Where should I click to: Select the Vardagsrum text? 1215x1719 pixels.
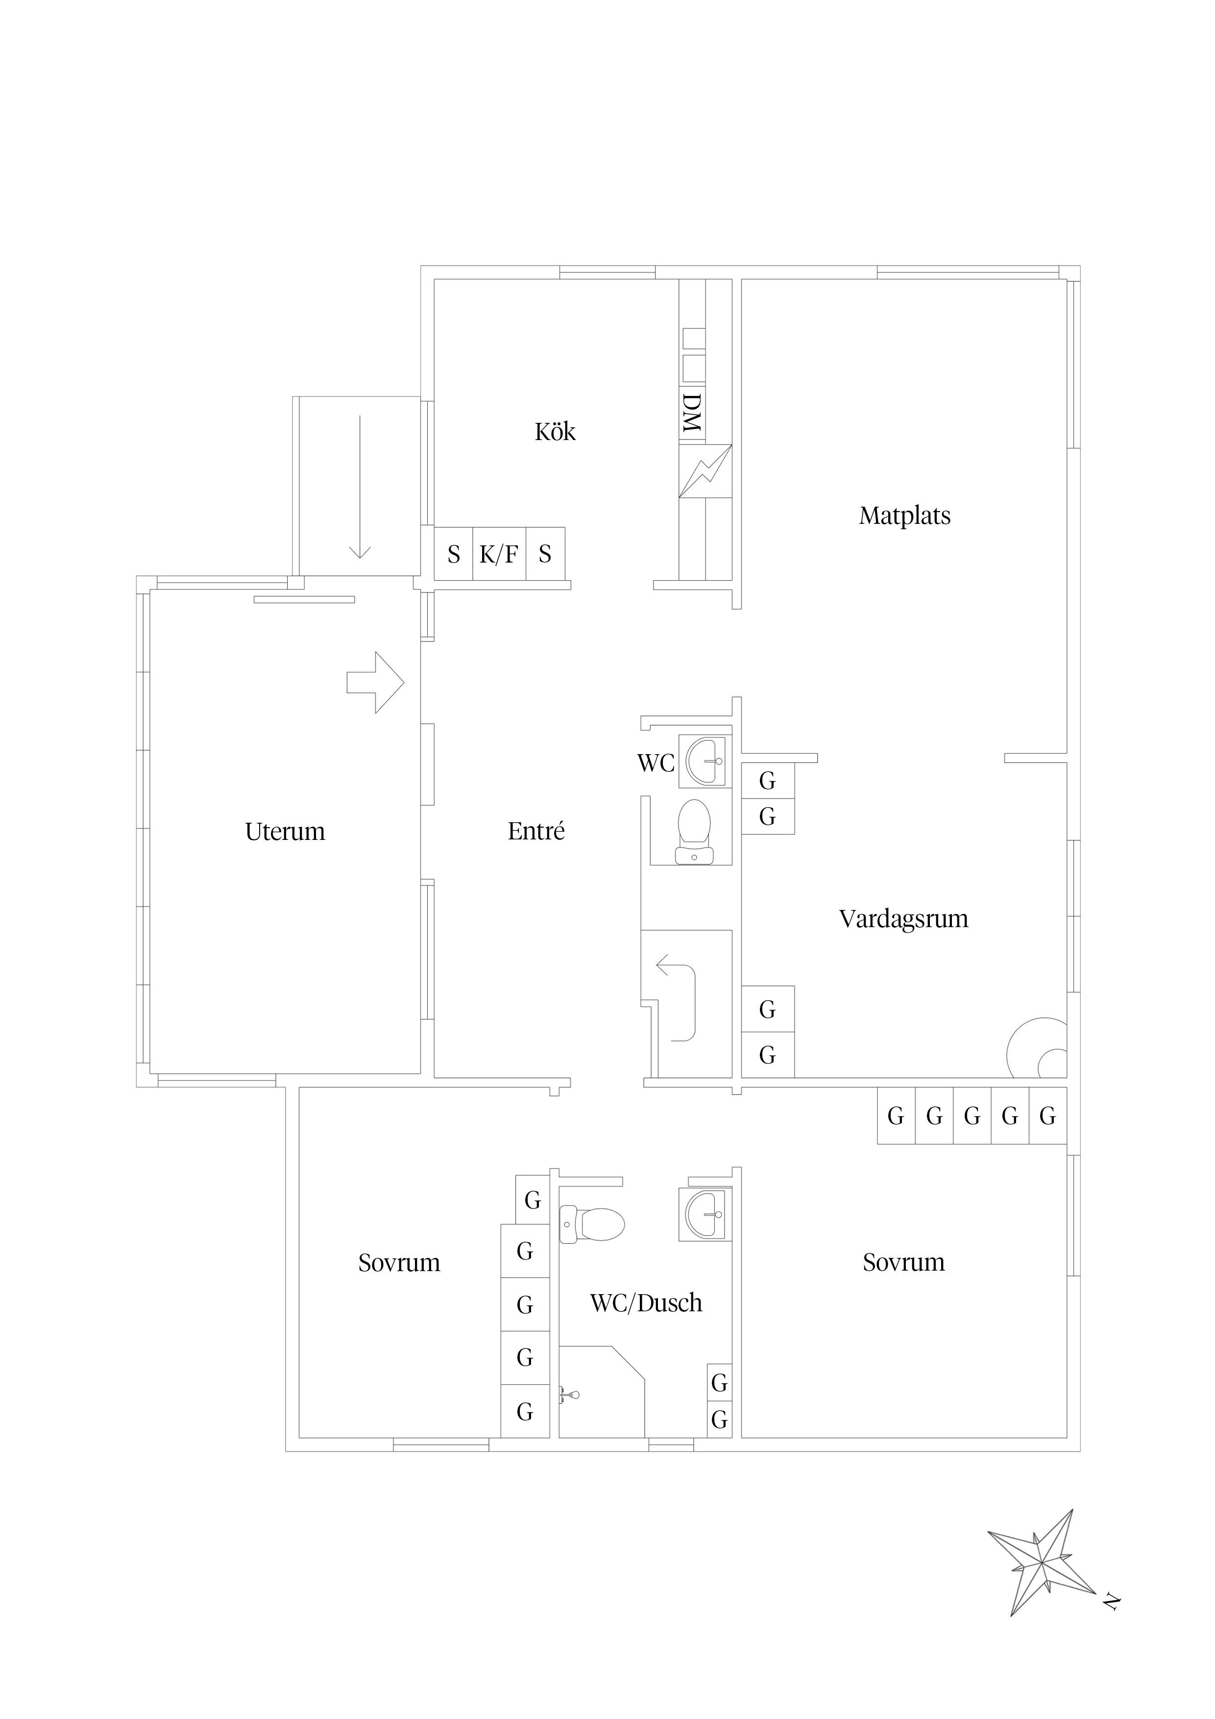pyautogui.click(x=903, y=919)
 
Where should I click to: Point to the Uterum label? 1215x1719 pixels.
pyautogui.click(x=285, y=831)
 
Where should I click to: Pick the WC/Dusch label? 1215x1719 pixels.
pyautogui.click(x=646, y=1303)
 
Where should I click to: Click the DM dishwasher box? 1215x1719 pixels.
pyautogui.click(x=692, y=413)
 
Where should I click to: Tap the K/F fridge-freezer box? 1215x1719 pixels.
pyautogui.click(x=499, y=554)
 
